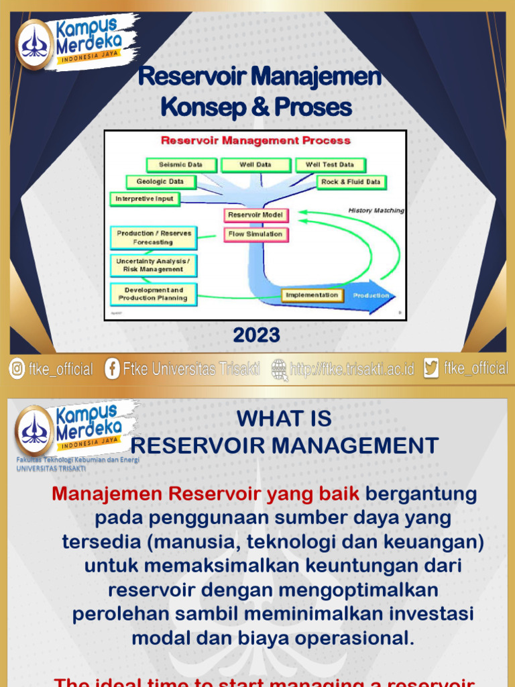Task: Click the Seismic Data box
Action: (x=180, y=164)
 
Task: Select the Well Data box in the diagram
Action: (x=255, y=164)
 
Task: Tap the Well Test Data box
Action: (x=330, y=164)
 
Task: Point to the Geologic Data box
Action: (x=160, y=182)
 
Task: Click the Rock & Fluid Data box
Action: (x=350, y=182)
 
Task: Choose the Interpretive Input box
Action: (x=144, y=199)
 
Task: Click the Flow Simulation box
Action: (x=255, y=234)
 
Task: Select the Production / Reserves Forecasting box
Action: (x=154, y=237)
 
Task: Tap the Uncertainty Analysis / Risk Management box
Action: (x=154, y=265)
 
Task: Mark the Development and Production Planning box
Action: (x=154, y=294)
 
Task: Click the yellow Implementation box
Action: (x=312, y=295)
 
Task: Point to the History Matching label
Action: (x=376, y=211)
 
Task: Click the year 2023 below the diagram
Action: (x=257, y=335)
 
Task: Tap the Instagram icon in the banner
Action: (x=16, y=368)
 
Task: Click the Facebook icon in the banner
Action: (x=112, y=368)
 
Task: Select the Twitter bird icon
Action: (x=431, y=368)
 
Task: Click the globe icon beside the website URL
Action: (x=280, y=368)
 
